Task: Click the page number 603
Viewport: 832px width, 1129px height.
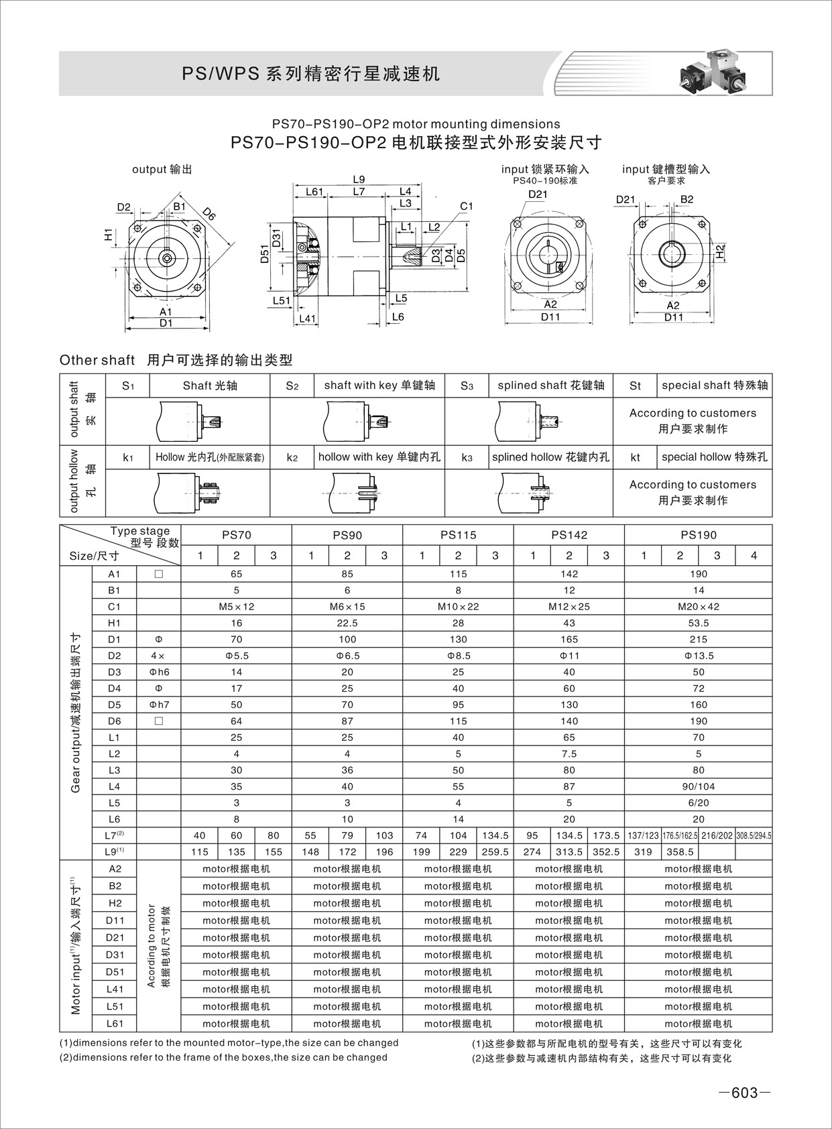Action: coord(744,1093)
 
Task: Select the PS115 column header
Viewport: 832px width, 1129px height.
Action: coord(458,535)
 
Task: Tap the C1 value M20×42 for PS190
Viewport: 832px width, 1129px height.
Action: coord(698,607)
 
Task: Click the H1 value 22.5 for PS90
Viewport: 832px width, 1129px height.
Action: coord(347,623)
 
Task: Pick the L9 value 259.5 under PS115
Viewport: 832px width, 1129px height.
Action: coord(495,852)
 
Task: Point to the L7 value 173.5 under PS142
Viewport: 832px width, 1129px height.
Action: coord(606,835)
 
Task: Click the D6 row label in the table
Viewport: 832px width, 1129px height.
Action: coord(114,721)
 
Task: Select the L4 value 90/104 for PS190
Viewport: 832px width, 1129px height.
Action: coord(698,786)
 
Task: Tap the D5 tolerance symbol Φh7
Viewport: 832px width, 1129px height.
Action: coord(159,705)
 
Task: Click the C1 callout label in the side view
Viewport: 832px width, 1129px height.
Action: coord(467,206)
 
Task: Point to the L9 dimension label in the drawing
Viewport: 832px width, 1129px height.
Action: coord(359,179)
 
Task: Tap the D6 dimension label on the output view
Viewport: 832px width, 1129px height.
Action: coord(209,215)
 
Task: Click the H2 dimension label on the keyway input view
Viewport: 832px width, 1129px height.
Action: coord(720,252)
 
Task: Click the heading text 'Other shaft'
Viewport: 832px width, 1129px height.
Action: coord(97,360)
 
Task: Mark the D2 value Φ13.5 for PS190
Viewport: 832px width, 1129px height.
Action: coord(698,656)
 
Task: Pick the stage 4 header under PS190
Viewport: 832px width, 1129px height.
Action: coord(754,555)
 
